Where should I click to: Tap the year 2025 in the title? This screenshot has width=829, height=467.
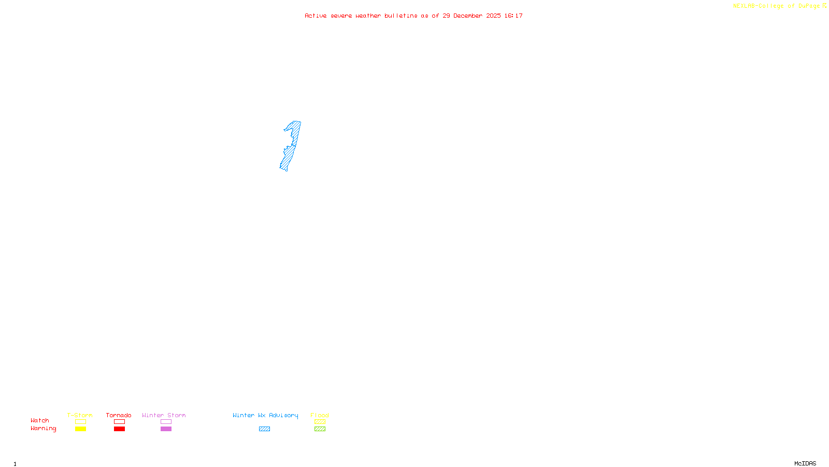point(493,16)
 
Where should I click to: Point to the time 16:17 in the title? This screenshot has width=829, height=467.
point(513,16)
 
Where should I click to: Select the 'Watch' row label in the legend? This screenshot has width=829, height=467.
point(40,420)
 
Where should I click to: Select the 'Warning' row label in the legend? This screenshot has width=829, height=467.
point(43,429)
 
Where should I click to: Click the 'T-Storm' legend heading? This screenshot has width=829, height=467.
point(80,415)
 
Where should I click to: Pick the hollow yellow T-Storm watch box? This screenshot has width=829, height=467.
point(80,422)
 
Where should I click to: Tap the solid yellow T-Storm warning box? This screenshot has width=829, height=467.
point(80,429)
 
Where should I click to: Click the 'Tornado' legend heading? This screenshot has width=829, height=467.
point(119,415)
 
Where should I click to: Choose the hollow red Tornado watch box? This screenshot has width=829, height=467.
point(119,422)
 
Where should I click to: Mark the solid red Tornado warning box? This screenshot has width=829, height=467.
point(119,429)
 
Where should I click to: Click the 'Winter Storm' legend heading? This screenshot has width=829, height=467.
point(164,415)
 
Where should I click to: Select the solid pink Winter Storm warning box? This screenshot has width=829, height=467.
point(166,429)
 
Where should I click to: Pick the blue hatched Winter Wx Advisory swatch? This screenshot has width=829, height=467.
point(264,429)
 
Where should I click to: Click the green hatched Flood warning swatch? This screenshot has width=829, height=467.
point(320,429)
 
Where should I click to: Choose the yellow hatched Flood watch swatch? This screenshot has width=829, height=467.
point(320,422)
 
